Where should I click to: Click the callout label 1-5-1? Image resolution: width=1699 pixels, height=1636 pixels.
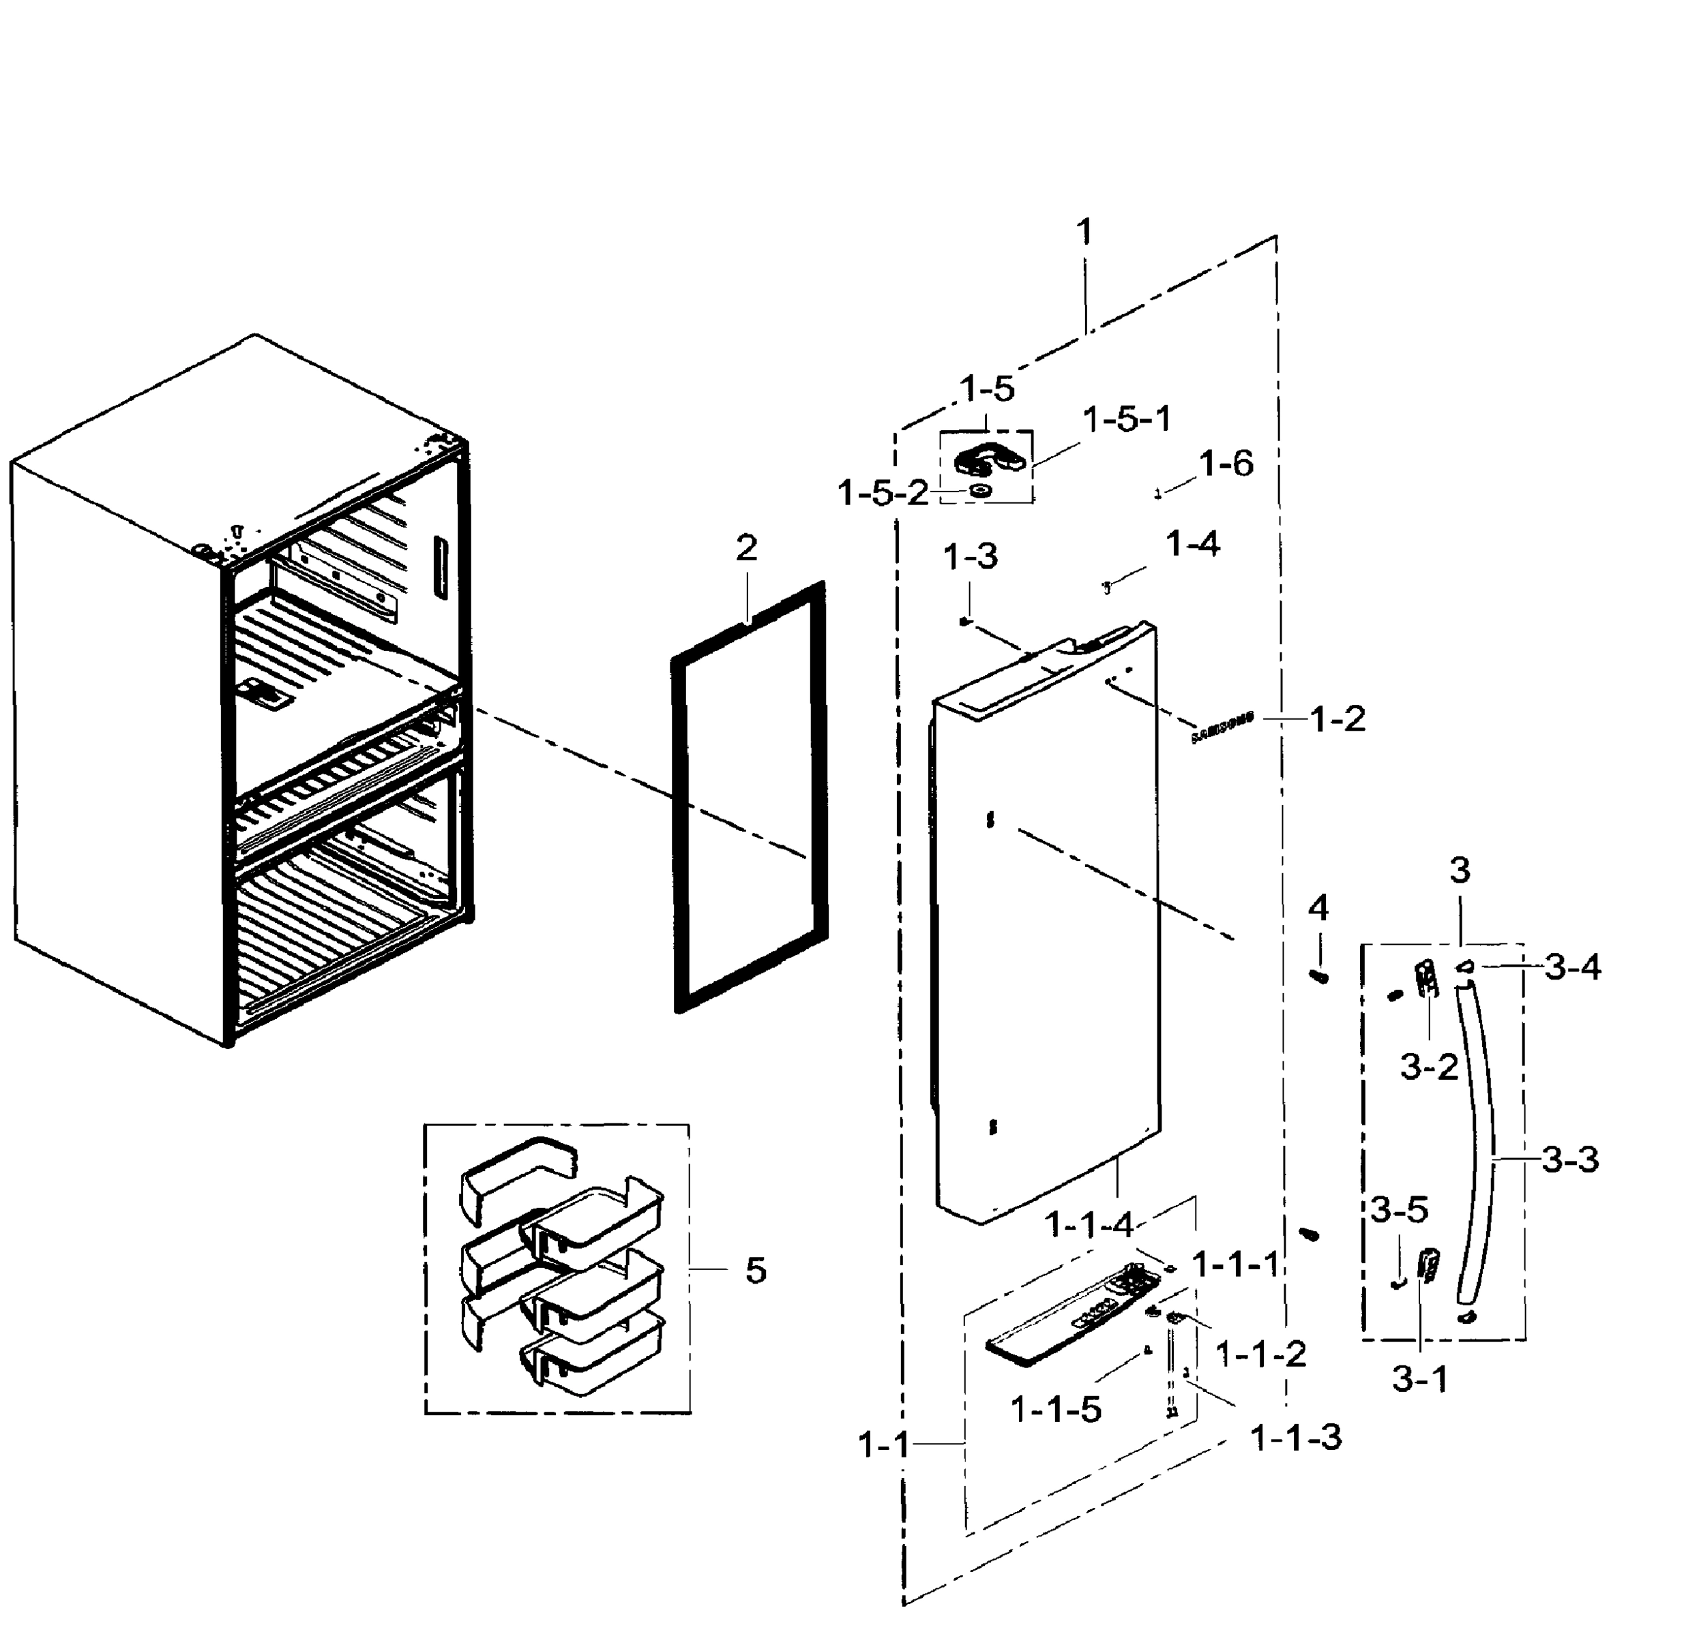pyautogui.click(x=1126, y=419)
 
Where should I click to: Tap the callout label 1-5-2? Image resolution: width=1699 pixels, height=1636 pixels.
pyautogui.click(x=882, y=494)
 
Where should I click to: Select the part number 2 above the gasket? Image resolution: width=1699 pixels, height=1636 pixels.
pyautogui.click(x=746, y=547)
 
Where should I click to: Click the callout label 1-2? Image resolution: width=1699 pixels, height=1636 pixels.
pyautogui.click(x=1338, y=718)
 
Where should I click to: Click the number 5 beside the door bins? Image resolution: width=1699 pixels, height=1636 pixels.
pyautogui.click(x=756, y=1271)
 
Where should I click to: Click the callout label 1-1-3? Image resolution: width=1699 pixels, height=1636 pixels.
pyautogui.click(x=1295, y=1438)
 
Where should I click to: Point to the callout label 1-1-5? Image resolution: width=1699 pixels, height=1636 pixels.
pyautogui.click(x=1056, y=1410)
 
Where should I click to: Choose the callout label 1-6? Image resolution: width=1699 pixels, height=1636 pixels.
pyautogui.click(x=1226, y=464)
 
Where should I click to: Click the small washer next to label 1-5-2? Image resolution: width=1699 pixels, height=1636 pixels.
pyautogui.click(x=980, y=491)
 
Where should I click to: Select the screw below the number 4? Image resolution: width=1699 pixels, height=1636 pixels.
pyautogui.click(x=1319, y=977)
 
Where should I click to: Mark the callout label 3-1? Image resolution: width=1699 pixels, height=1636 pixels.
pyautogui.click(x=1420, y=1380)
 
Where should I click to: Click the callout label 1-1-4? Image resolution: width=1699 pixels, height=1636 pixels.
pyautogui.click(x=1089, y=1224)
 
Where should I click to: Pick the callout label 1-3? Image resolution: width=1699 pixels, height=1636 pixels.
pyautogui.click(x=971, y=557)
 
